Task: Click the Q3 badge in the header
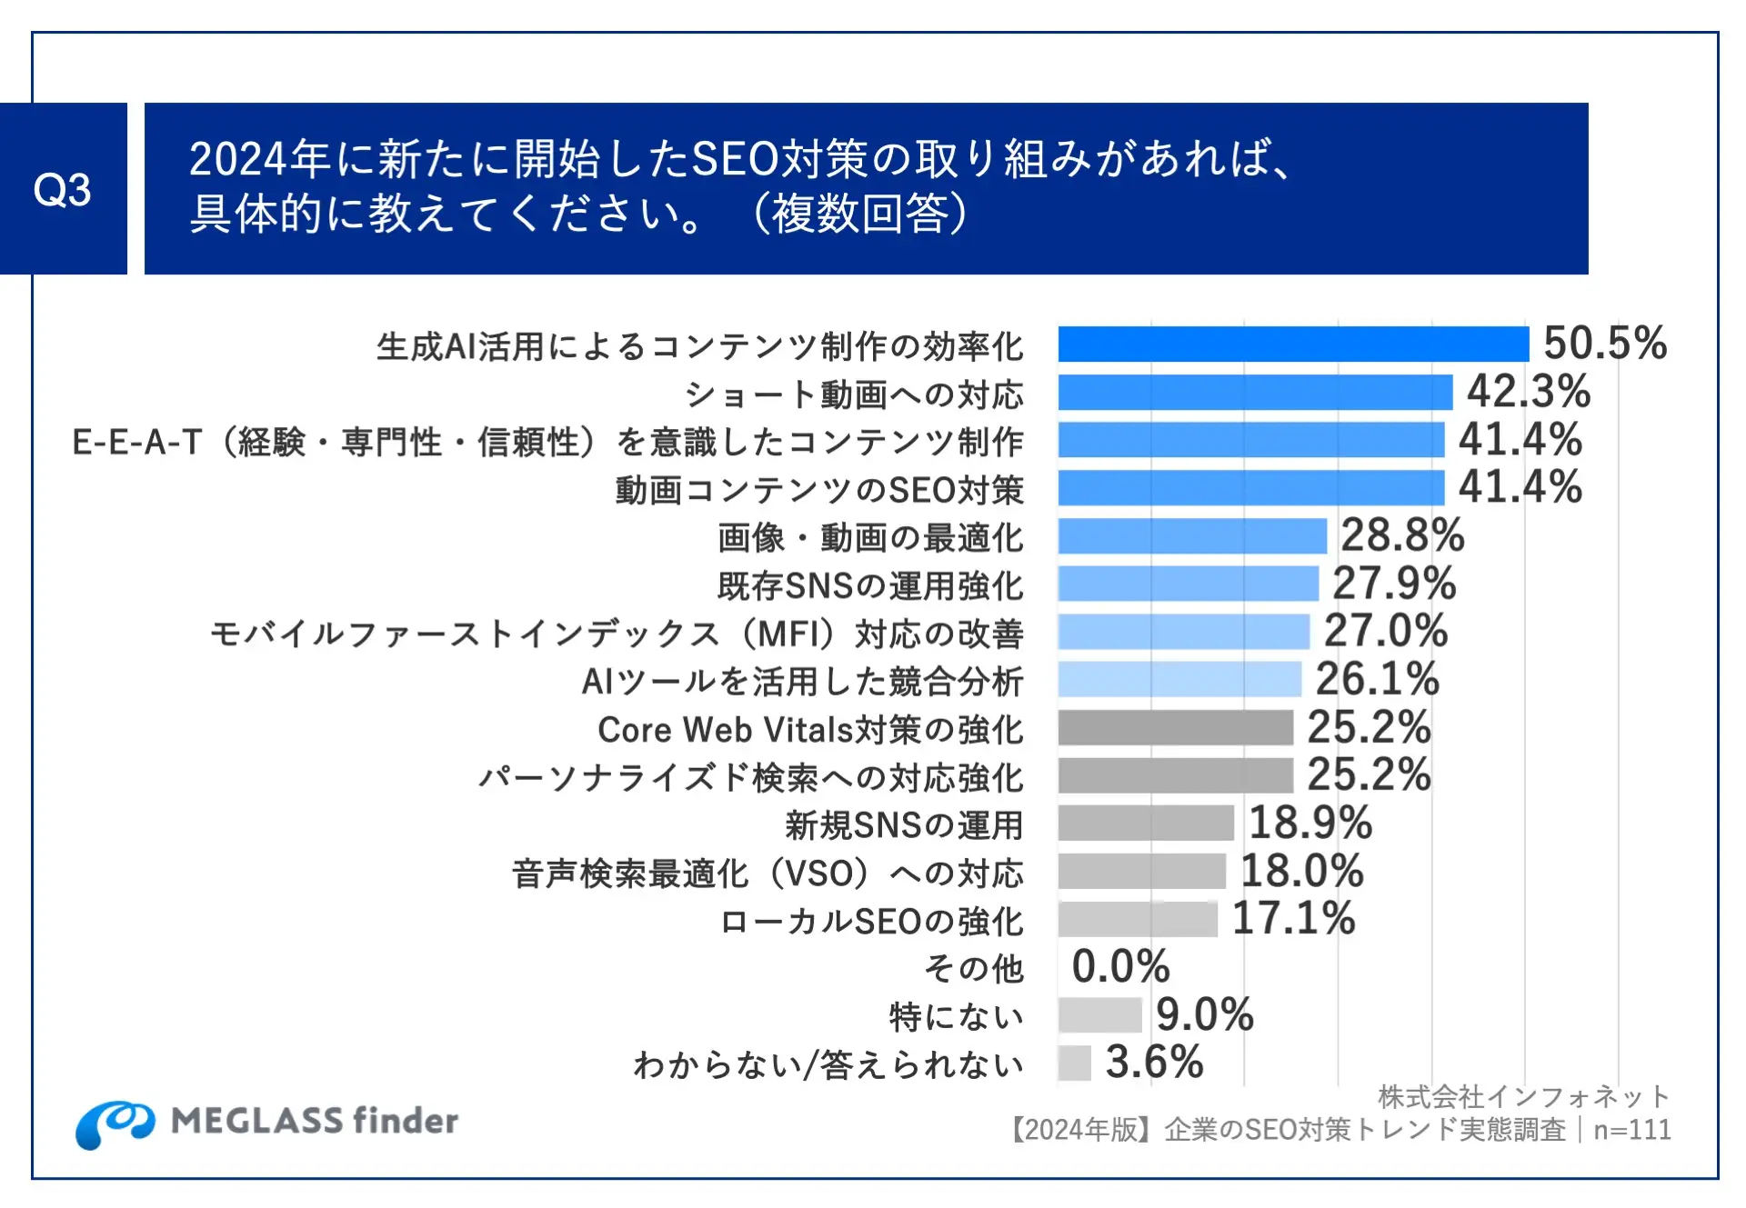[x=63, y=189]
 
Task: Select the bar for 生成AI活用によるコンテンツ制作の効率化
[x=1292, y=344]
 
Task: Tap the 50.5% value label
[x=1605, y=344]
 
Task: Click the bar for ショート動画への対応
[x=1254, y=393]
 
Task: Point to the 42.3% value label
[x=1529, y=392]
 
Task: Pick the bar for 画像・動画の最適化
[x=1191, y=536]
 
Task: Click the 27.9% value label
[x=1394, y=584]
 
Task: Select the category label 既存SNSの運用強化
[x=870, y=585]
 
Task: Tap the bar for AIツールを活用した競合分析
[x=1179, y=679]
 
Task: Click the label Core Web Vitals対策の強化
[x=810, y=730]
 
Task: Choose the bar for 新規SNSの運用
[x=1145, y=823]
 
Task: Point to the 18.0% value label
[x=1301, y=871]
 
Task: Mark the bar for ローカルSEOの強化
[x=1137, y=919]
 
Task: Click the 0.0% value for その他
[x=1120, y=966]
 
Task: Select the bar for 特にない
[x=1099, y=1014]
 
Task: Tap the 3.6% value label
[x=1154, y=1062]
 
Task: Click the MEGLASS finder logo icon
[x=115, y=1123]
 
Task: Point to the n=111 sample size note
[x=1632, y=1130]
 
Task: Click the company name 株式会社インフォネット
[x=1523, y=1097]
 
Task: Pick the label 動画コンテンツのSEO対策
[x=819, y=490]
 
